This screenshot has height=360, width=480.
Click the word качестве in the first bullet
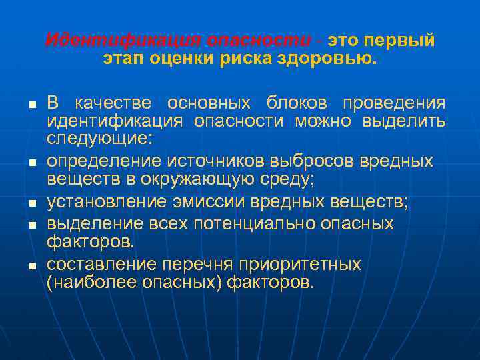coord(113,103)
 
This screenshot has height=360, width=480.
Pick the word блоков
coord(297,103)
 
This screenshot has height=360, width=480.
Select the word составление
coord(95,264)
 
